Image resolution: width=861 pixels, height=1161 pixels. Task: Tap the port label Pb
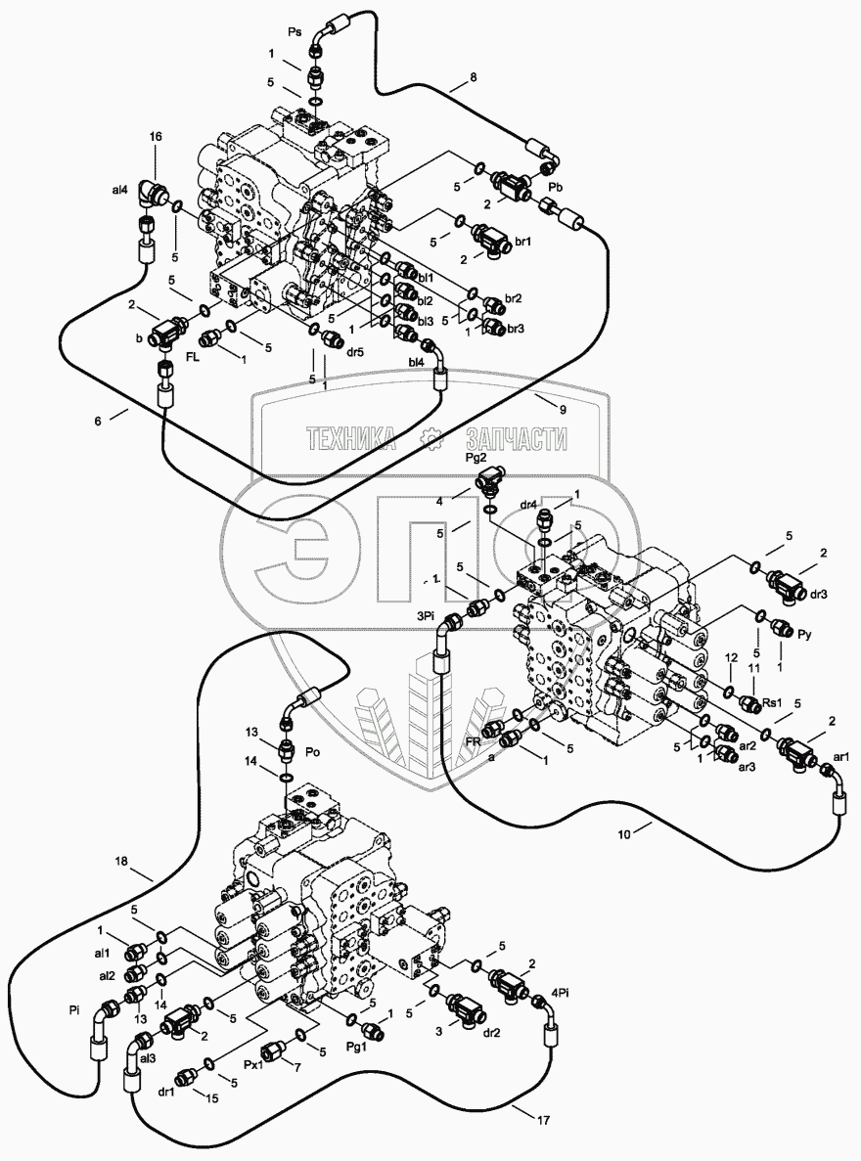554,185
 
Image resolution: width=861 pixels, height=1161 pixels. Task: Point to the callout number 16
155,140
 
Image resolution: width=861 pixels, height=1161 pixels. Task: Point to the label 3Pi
424,616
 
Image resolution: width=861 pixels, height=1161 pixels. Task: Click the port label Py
805,635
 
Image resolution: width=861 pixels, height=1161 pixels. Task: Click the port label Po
314,753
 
